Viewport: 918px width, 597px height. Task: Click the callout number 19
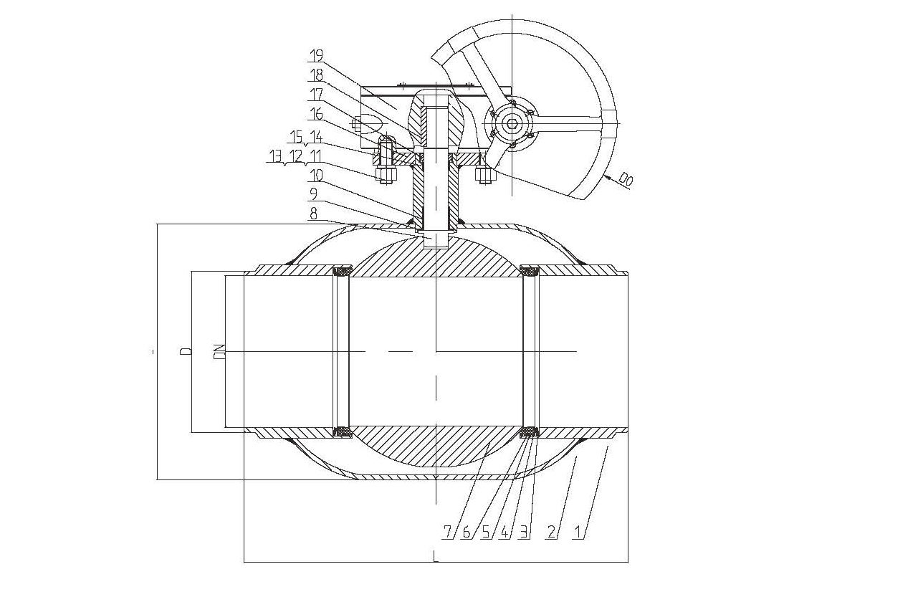coord(316,55)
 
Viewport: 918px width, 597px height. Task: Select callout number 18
coord(316,75)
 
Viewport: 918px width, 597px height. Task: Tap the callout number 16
coord(316,113)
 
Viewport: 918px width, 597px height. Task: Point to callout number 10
coord(316,176)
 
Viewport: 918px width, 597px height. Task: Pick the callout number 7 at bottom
coord(447,532)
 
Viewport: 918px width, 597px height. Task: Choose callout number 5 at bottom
coord(486,532)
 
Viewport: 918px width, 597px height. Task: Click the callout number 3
coord(523,532)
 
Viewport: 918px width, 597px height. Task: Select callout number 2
coord(552,532)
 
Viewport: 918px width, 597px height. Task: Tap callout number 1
coord(578,532)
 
